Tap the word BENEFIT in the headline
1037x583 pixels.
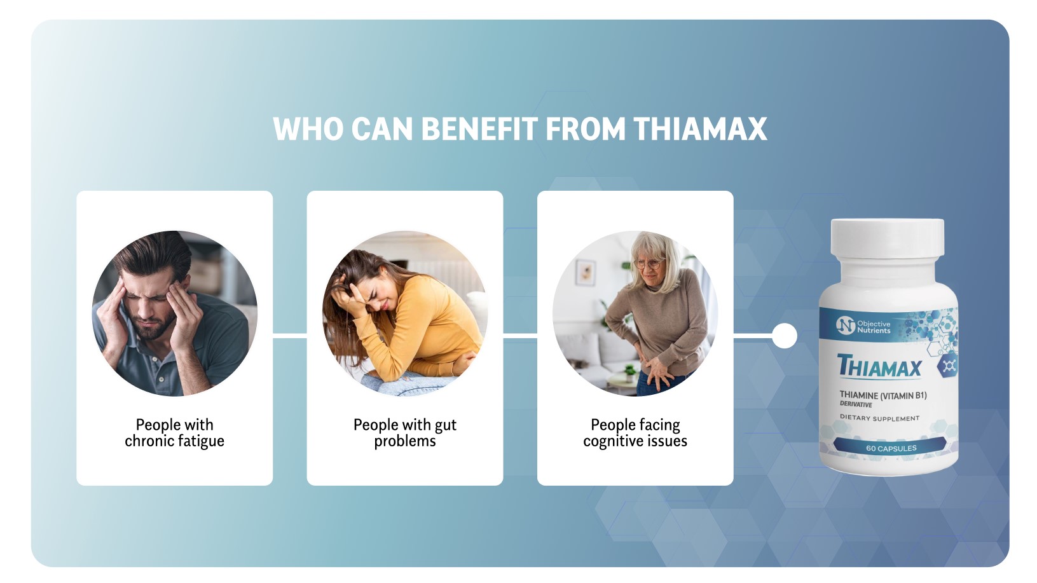coord(479,129)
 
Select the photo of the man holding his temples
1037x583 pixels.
coord(174,313)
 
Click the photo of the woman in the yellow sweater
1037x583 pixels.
coord(405,313)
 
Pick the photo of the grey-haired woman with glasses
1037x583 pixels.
coord(635,313)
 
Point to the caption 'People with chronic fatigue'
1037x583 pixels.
coord(174,433)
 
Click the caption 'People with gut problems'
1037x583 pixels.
coord(405,433)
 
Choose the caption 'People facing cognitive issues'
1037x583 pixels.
coord(635,433)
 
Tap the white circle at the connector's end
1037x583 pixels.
coord(784,336)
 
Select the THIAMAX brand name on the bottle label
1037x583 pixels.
coord(879,367)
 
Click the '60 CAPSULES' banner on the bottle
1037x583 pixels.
coord(891,448)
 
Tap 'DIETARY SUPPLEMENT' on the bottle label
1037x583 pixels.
coord(879,418)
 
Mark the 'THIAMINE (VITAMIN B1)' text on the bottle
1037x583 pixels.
coord(882,395)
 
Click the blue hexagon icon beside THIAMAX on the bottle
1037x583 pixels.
coord(949,366)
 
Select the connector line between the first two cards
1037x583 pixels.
coord(290,336)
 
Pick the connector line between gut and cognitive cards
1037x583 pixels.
coord(520,336)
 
